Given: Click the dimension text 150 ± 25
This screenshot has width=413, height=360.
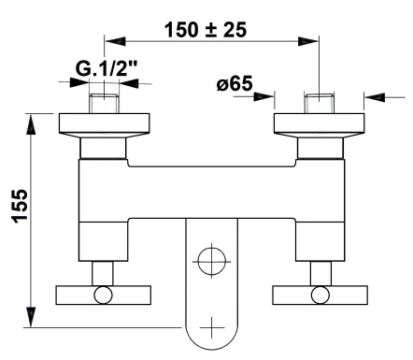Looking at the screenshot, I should [205, 28].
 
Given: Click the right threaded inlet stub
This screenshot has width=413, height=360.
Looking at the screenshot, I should [320, 103].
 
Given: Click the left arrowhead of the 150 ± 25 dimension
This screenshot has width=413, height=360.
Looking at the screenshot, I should [111, 41].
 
